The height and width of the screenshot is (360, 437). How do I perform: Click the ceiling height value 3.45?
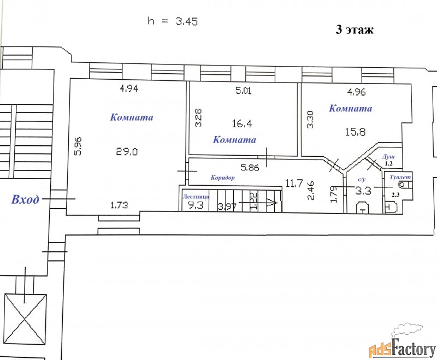[187, 21]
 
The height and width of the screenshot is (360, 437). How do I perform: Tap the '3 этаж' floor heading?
[355, 29]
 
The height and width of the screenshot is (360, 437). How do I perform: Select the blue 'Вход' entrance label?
[25, 199]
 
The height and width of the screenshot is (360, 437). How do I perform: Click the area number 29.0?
[127, 152]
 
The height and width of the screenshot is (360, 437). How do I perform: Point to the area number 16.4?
[242, 123]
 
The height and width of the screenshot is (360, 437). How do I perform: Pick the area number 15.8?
[356, 132]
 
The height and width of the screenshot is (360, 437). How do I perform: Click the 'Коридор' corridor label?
[222, 178]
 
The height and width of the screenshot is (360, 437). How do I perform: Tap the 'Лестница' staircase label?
[196, 197]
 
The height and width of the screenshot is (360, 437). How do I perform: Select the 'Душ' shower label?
[388, 157]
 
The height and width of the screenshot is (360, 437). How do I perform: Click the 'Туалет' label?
[400, 177]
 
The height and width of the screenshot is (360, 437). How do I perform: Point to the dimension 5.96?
[78, 145]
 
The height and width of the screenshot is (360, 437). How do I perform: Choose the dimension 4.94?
[129, 88]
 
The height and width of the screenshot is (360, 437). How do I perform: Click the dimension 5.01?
[243, 91]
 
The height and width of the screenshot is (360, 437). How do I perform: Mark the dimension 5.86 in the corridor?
[250, 168]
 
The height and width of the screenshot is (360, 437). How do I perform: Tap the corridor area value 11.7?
[294, 183]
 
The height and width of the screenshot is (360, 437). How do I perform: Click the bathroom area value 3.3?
[363, 191]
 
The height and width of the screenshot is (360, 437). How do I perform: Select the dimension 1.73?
[119, 205]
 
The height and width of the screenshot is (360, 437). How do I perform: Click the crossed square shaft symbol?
[25, 320]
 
